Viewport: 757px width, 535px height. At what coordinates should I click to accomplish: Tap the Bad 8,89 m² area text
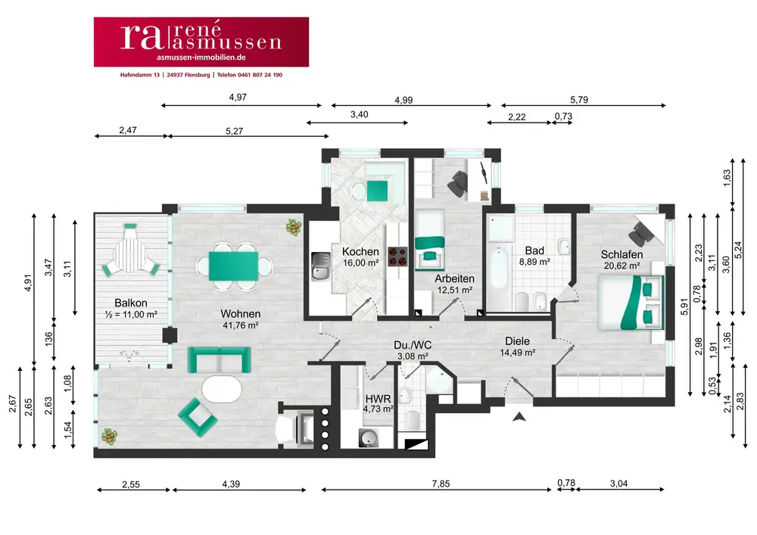pyautogui.click(x=534, y=261)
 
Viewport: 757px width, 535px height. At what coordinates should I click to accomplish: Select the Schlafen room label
pyautogui.click(x=621, y=254)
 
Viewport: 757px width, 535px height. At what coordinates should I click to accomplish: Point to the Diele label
pyautogui.click(x=518, y=341)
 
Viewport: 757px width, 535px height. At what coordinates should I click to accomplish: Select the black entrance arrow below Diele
pyautogui.click(x=519, y=416)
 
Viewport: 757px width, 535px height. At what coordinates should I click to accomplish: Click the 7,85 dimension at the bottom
pyautogui.click(x=437, y=483)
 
